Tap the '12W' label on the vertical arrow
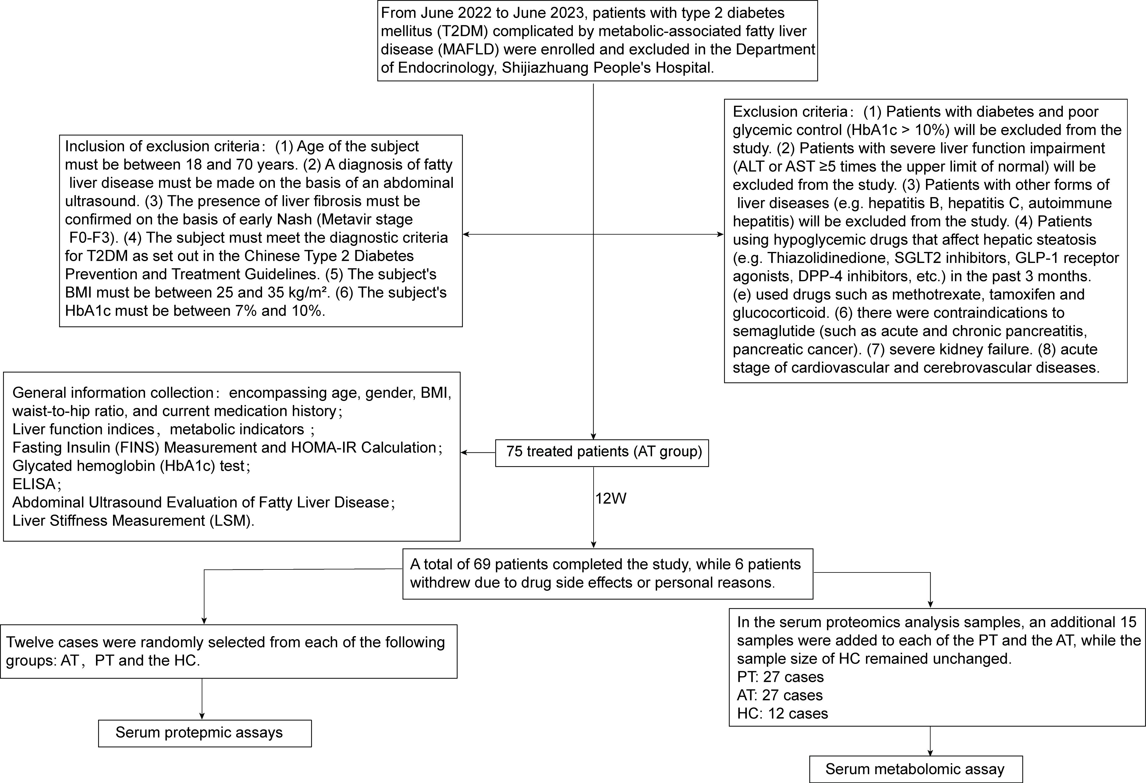pyautogui.click(x=610, y=498)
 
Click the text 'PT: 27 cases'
pyautogui.click(x=780, y=677)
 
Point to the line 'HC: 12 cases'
pyautogui.click(x=782, y=714)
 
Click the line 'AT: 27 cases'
pyautogui.click(x=780, y=695)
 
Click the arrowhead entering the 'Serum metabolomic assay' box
pyautogui.click(x=930, y=753)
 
